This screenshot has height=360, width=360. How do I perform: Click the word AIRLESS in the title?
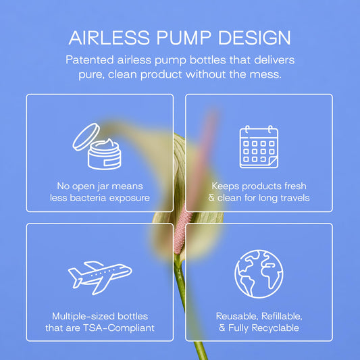click(109, 38)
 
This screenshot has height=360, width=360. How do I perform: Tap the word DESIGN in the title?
click(255, 38)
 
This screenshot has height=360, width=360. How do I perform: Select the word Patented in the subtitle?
click(90, 60)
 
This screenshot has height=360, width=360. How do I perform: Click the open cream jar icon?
click(97, 147)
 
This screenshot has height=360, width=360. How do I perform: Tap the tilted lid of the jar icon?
click(86, 137)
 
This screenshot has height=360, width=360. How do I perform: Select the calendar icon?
click(259, 147)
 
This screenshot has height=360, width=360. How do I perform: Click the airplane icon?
click(100, 278)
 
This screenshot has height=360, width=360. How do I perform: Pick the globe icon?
click(259, 274)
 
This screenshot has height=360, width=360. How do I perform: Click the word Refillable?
click(282, 316)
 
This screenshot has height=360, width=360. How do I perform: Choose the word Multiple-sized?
click(83, 316)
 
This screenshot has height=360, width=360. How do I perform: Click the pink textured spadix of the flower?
click(182, 231)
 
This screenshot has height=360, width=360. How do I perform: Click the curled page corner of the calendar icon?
click(273, 163)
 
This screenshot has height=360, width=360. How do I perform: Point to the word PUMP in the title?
click(184, 38)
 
